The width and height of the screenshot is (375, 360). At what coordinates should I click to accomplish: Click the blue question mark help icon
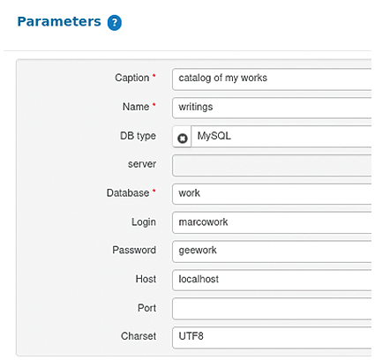point(115,23)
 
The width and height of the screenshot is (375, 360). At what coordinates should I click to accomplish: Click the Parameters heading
point(59,21)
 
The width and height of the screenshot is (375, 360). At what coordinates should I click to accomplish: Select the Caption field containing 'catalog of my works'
point(272,79)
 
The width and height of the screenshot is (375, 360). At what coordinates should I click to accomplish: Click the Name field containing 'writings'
point(272,108)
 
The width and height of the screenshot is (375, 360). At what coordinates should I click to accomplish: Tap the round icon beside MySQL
point(183,139)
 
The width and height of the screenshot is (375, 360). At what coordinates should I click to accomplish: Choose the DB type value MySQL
point(214,136)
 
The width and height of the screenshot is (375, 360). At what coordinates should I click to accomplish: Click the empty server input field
point(272,165)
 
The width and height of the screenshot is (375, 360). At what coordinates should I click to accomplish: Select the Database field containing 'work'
point(272,194)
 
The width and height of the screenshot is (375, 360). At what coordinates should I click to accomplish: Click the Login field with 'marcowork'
point(272,222)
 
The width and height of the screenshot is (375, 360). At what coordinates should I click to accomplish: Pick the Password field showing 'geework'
point(272,251)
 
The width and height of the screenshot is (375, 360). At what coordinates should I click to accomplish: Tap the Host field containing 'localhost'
point(272,280)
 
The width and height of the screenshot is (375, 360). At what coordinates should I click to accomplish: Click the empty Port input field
point(272,309)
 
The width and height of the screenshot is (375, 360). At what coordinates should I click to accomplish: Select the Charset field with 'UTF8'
point(272,337)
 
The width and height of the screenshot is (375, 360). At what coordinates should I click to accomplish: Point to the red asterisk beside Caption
point(154,76)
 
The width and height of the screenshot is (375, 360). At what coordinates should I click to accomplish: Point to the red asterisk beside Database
point(154,191)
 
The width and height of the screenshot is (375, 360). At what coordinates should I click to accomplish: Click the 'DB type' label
point(138,136)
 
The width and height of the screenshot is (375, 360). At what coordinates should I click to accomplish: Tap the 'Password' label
point(134,251)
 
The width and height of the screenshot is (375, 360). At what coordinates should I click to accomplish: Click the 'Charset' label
point(139,336)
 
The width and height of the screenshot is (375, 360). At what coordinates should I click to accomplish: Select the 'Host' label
point(146,279)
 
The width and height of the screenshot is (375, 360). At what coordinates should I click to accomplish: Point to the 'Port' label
point(146,308)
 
